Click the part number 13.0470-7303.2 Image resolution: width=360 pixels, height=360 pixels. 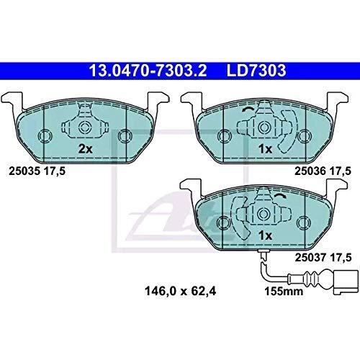click(x=148, y=71)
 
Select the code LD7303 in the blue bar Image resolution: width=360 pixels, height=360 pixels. click(x=256, y=71)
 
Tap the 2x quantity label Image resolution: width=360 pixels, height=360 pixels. click(x=85, y=149)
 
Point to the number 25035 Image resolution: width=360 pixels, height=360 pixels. click(x=24, y=171)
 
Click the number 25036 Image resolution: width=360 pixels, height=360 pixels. click(x=310, y=171)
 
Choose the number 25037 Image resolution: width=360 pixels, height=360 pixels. click(x=310, y=258)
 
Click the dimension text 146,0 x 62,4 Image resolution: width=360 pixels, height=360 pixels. click(x=180, y=291)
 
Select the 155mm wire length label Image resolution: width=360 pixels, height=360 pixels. click(x=284, y=292)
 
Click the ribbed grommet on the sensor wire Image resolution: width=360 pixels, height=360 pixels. click(x=310, y=279)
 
